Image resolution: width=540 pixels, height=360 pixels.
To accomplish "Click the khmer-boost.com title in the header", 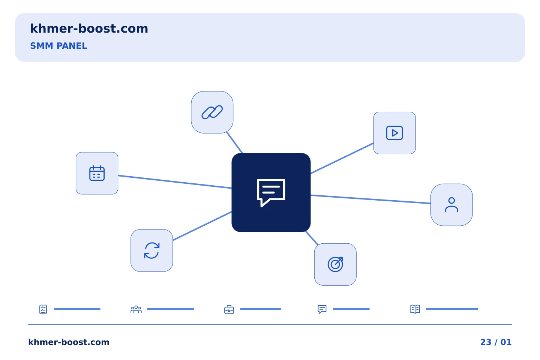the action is pos(89,28).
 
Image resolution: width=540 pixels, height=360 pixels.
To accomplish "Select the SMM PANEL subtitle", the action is pos(58,46).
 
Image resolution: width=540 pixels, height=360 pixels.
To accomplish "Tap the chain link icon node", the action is pos(212,112).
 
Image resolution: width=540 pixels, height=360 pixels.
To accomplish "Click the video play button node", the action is pos(394,133).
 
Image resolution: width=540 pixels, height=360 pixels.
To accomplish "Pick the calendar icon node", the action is pos(97,173).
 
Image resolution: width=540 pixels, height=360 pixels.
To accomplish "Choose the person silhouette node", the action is pos(451,205).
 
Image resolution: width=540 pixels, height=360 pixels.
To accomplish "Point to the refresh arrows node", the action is pos(151,250).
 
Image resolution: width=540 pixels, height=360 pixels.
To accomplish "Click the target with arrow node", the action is pos(335,264).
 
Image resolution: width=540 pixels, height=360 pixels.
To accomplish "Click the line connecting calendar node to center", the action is pos(175,182).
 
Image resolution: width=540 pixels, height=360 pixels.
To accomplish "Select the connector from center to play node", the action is pos(342,158).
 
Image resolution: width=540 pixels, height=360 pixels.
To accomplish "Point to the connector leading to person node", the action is pos(370,199).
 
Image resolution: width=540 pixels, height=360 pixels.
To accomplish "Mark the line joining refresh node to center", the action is pos(202,226).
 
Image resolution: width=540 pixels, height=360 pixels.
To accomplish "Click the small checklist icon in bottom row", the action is pos(43,309).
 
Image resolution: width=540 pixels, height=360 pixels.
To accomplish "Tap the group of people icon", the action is pos(136,309).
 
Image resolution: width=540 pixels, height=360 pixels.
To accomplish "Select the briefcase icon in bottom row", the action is pos(229,310).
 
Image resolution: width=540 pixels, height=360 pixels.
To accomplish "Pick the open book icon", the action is pos(415,309).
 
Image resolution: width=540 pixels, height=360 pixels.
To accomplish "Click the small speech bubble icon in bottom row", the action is pos(322,309).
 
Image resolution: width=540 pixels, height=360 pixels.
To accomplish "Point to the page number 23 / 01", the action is pos(496,342).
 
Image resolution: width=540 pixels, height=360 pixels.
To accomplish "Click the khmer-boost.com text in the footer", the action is pos(69,342).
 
